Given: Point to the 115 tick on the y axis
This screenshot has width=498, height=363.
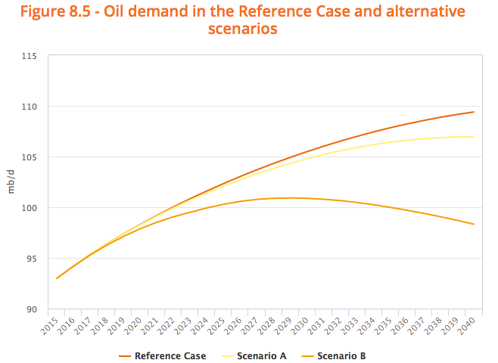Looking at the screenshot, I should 30,56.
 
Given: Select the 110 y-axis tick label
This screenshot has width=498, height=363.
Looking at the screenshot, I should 30,107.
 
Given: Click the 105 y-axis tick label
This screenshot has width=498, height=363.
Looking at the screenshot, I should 30,157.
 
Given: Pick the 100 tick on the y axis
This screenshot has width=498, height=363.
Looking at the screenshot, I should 30,208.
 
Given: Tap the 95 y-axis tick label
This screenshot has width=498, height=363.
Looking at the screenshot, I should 32,259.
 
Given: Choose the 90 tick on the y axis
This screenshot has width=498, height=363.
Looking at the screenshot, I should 32,309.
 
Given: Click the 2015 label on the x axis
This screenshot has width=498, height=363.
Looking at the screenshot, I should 50,326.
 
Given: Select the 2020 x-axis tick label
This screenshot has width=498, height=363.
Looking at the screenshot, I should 134,326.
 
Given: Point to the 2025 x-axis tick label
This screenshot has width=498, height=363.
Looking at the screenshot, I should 217,326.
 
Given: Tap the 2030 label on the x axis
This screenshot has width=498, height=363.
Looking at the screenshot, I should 301,326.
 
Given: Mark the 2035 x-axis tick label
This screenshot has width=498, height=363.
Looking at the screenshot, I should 384,326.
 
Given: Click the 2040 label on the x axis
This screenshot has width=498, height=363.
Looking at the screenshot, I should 468,326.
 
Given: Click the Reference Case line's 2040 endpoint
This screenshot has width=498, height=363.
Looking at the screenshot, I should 474,112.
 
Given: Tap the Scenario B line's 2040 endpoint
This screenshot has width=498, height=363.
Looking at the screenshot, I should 474,224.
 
